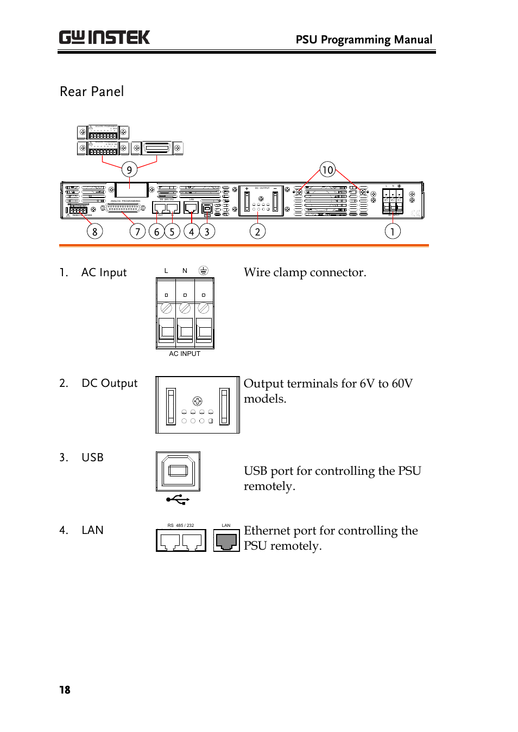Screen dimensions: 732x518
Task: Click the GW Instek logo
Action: point(104,37)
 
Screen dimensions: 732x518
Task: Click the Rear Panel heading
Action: point(92,92)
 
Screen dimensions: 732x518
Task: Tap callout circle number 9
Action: point(129,170)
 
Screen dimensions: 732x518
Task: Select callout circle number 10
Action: point(327,170)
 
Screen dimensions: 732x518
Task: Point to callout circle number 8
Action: point(94,232)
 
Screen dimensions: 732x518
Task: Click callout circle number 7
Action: point(137,232)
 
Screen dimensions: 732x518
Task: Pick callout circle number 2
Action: point(257,232)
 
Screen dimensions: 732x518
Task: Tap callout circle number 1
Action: point(393,232)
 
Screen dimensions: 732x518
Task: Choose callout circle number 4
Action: point(191,232)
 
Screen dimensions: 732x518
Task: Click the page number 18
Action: point(65,690)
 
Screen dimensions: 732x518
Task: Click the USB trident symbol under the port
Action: point(178,499)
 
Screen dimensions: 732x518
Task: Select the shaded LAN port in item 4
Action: point(226,540)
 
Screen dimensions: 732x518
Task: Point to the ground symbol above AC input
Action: point(203,270)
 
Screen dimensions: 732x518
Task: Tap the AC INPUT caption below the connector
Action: point(185,354)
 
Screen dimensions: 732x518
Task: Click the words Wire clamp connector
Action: point(305,272)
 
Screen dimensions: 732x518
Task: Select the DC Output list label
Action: point(109,384)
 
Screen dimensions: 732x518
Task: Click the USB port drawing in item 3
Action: point(178,471)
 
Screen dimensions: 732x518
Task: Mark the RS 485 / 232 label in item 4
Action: point(181,525)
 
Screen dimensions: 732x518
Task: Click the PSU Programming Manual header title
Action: point(364,40)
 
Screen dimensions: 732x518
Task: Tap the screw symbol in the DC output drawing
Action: point(198,401)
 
